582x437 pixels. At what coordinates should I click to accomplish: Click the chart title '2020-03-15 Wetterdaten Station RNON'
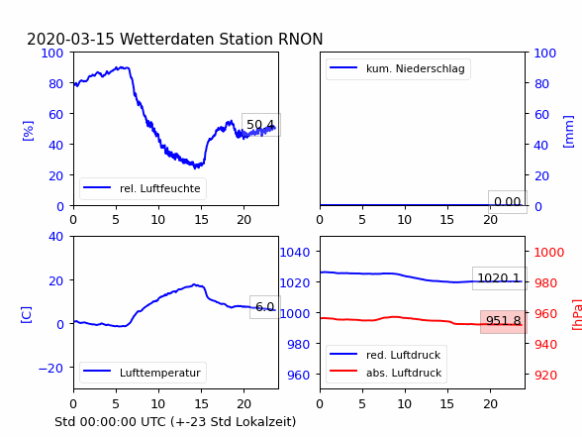pos(175,39)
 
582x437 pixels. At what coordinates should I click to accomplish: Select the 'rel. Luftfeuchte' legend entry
pos(143,188)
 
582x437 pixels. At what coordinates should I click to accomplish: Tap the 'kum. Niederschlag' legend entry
pos(398,68)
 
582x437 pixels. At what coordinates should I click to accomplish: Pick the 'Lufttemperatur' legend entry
pos(143,373)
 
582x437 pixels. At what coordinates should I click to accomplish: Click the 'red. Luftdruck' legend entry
pos(385,355)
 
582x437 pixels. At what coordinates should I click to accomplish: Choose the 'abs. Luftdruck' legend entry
pos(386,373)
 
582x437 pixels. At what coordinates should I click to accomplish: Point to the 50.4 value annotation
pos(261,125)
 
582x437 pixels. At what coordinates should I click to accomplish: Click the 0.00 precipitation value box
pos(508,202)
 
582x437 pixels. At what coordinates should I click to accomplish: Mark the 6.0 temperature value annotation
pos(265,307)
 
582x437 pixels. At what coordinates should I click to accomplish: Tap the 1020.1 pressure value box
pos(500,277)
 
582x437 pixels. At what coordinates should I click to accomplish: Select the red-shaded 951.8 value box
pos(504,321)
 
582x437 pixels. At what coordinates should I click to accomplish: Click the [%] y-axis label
pos(28,131)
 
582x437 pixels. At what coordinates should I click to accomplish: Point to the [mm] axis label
pos(568,132)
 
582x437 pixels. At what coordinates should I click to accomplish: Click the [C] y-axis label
pos(27,314)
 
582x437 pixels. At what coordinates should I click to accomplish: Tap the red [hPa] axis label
pos(577,314)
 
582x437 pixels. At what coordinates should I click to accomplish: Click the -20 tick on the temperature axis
pos(50,368)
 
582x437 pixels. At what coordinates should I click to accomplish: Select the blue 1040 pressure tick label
pos(295,253)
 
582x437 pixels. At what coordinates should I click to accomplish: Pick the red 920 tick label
pos(545,375)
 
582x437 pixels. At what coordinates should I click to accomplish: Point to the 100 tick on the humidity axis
pos(52,54)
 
